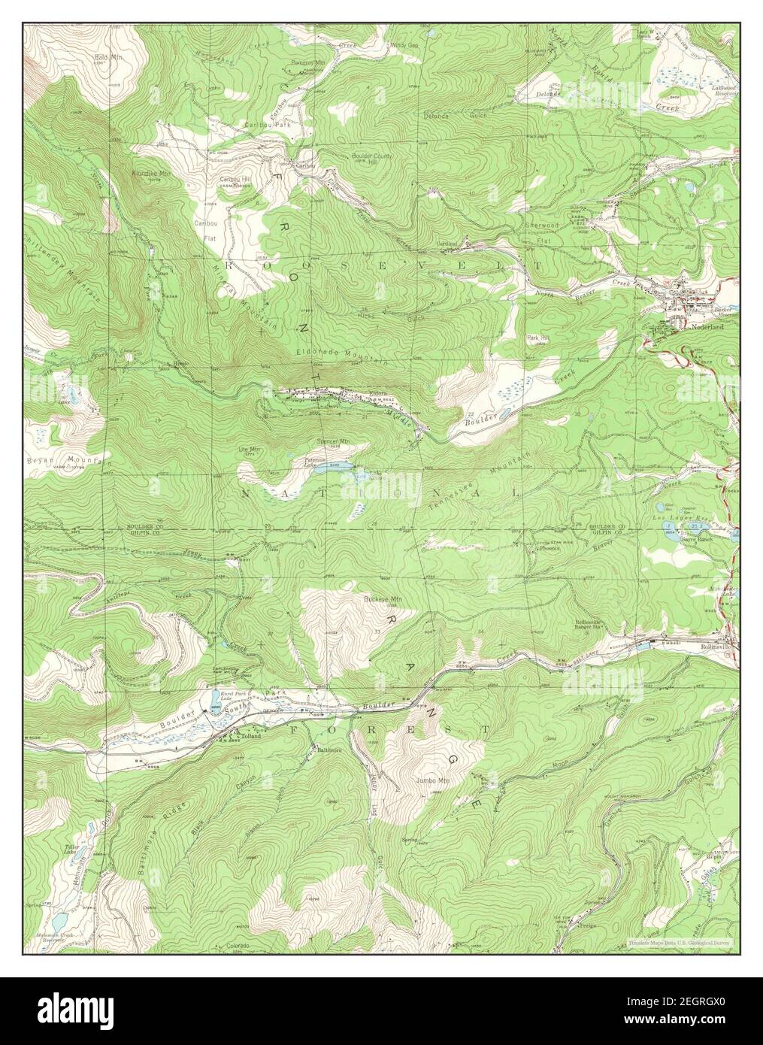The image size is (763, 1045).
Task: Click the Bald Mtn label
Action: click(103, 57)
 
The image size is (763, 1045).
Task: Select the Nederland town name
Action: click(708, 328)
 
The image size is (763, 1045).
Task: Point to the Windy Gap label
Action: click(404, 46)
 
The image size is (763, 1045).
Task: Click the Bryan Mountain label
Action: click(57, 458)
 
